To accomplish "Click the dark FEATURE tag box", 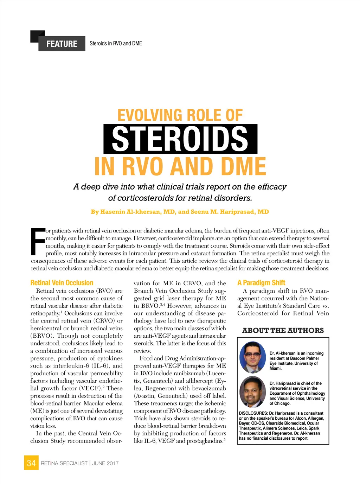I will pyautogui.click(x=62, y=43).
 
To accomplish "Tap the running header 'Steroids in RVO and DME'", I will pyautogui.click(x=116, y=43).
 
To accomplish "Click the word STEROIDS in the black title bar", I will pyautogui.click(x=180, y=139).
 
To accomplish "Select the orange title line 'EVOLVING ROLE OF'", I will pyautogui.click(x=180, y=115).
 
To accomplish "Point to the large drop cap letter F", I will pyautogui.click(x=38, y=242).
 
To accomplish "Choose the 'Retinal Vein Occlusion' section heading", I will pyautogui.click(x=62, y=283).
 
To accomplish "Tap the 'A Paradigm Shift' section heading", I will pyautogui.click(x=261, y=283).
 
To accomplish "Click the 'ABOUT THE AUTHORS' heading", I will pyautogui.click(x=283, y=330).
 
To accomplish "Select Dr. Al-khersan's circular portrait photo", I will pyautogui.click(x=252, y=357).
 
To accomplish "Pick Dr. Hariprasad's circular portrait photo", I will pyautogui.click(x=252, y=392).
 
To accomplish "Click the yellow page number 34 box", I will pyautogui.click(x=31, y=463).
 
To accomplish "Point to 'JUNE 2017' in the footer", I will pyautogui.click(x=105, y=463).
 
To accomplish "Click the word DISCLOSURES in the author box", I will pyautogui.click(x=253, y=413).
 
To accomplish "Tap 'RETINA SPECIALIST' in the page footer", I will pyautogui.click(x=64, y=463).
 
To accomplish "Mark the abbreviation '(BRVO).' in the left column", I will pyautogui.click(x=42, y=336).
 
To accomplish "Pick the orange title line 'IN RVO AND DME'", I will pyautogui.click(x=180, y=167).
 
